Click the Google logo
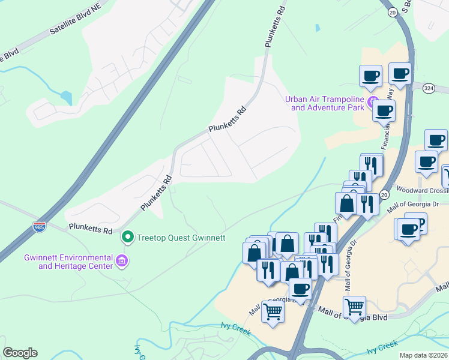tap(20, 353)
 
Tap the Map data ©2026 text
tap(424, 355)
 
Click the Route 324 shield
tap(428, 88)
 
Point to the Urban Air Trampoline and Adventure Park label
tap(327, 103)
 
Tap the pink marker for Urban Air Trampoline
tap(373, 100)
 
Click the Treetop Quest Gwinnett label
tap(181, 238)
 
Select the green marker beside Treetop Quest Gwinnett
tap(127, 238)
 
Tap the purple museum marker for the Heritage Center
tap(122, 261)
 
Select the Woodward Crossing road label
tap(423, 191)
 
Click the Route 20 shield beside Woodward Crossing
tap(384, 195)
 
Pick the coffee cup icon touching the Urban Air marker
tap(384, 110)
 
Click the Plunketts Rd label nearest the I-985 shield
tap(91, 229)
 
